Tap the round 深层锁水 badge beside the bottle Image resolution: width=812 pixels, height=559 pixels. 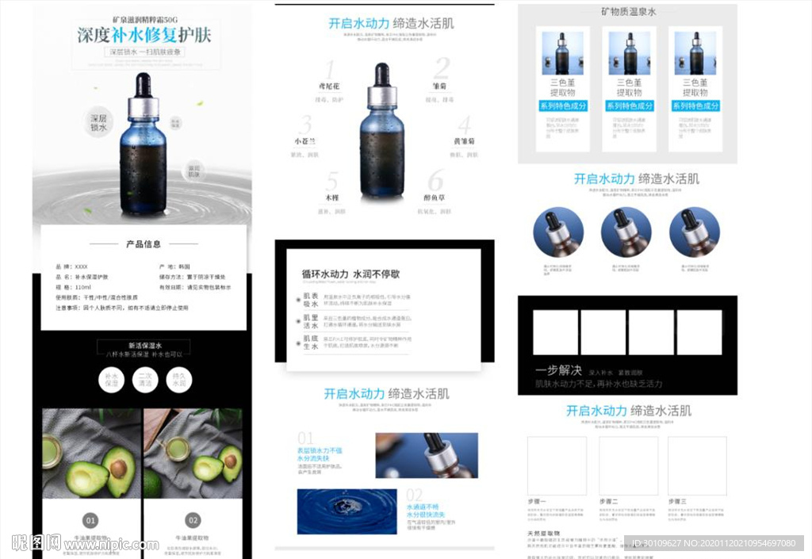pyautogui.click(x=99, y=122)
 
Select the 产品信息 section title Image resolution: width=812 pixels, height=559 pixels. pyautogui.click(x=144, y=244)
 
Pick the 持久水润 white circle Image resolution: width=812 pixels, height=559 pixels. pyautogui.click(x=180, y=380)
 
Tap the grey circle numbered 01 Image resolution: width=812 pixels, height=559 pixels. pyautogui.click(x=91, y=521)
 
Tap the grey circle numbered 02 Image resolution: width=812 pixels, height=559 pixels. pyautogui.click(x=193, y=521)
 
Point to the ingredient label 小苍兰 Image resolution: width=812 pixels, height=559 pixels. pyautogui.click(x=305, y=141)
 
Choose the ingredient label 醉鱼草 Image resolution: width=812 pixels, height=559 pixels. pyautogui.click(x=436, y=198)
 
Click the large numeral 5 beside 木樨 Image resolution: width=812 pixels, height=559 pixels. pyautogui.click(x=332, y=182)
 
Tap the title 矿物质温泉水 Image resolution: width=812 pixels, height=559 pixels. pyautogui.click(x=628, y=12)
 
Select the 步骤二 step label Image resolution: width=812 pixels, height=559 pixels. pyautogui.click(x=609, y=501)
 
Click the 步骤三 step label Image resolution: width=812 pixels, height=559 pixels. pyautogui.click(x=678, y=501)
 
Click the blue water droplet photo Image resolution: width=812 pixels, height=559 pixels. pyautogui.click(x=347, y=511)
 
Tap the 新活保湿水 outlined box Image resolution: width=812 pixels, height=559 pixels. pyautogui.click(x=144, y=346)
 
